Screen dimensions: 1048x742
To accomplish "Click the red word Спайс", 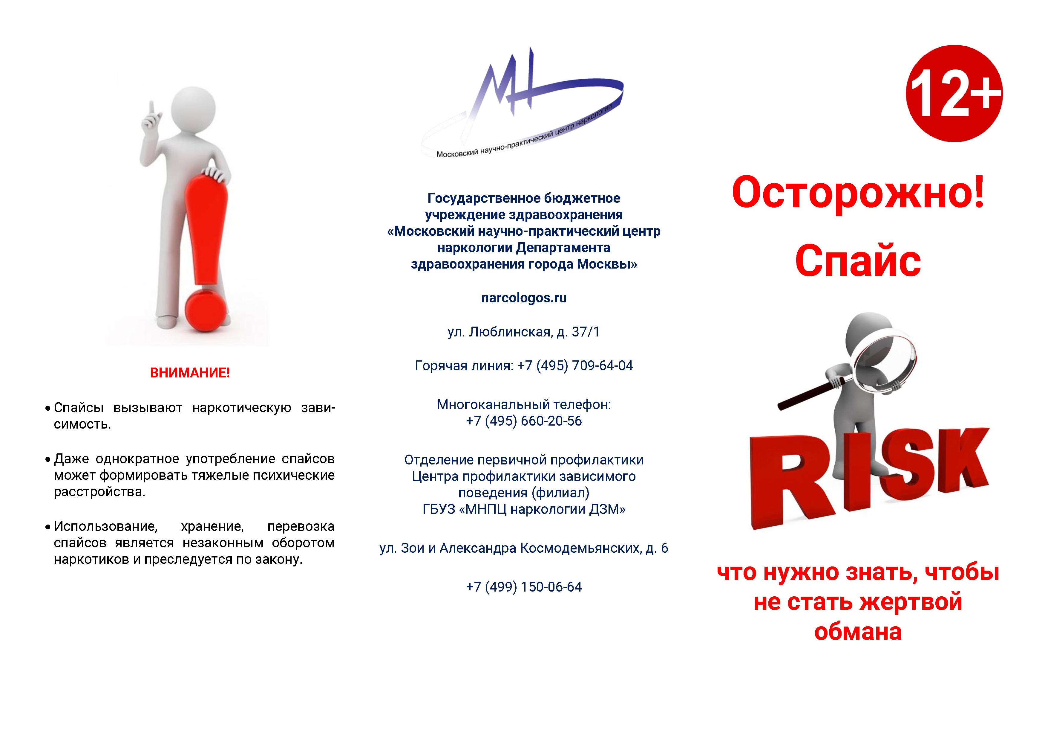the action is (x=858, y=261).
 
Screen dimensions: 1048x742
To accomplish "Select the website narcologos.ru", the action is (x=523, y=298).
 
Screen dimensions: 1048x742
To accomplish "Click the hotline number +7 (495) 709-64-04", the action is (x=575, y=365).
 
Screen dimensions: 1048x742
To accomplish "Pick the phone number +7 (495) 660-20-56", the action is (x=523, y=421).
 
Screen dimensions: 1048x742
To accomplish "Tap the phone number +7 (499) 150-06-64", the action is (x=523, y=587).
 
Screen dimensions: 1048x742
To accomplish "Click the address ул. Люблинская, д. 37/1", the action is (x=523, y=332).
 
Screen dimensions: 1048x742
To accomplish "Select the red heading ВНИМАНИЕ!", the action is (x=190, y=373).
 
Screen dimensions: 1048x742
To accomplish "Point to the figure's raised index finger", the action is (x=151, y=109).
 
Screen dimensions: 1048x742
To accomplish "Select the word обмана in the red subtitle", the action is (x=858, y=632).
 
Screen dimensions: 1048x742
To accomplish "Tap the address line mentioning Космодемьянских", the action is (x=523, y=548).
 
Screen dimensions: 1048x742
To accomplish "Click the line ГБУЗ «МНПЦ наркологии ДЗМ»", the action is (x=523, y=509).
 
